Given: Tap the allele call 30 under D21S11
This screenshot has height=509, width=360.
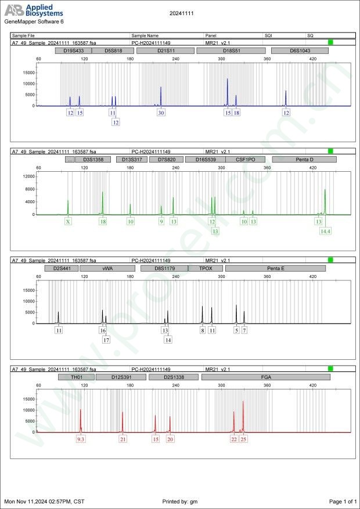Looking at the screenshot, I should pos(161,113).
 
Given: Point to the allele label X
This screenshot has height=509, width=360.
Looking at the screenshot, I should pos(68,221).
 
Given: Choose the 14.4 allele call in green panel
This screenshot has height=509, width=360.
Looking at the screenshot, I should pos(325,231).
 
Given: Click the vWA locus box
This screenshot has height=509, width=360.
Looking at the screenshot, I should pos(108,268).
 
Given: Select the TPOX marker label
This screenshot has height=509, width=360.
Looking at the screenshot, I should pos(206,268).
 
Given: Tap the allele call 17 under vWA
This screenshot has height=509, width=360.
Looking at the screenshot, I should pos(106,340).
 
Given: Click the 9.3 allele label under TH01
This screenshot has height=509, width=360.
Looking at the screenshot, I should pos(81,439).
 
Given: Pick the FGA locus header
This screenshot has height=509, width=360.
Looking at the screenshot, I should pos(265,377).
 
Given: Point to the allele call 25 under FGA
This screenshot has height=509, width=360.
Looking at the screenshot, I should pos(243,439).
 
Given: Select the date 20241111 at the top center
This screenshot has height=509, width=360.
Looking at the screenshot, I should pos(181,12).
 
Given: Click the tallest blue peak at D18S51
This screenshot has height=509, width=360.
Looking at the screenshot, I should pos(228,80).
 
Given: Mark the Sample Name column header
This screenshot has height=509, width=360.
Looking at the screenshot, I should pos(145,35).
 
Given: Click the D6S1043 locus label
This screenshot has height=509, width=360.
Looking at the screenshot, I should pos(300,50).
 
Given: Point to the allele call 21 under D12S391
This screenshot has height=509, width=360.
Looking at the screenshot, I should pos(123,439).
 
